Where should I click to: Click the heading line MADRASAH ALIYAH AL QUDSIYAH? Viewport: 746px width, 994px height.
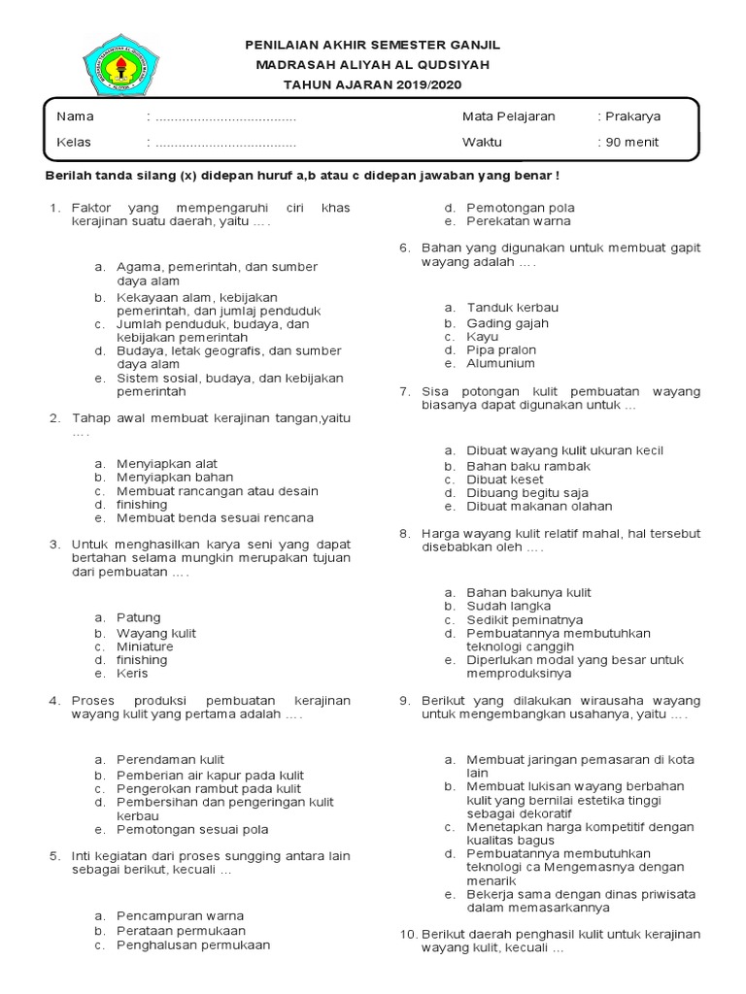coord(373,65)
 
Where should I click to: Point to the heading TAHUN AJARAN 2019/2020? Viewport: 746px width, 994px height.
coord(373,84)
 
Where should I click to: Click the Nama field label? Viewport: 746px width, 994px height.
coord(75,116)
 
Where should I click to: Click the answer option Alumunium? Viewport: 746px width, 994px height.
coord(500,363)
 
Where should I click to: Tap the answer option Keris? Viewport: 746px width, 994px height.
coord(132,674)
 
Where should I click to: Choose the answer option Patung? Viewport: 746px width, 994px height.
coord(138,617)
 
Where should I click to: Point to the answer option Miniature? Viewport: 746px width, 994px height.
coord(145,646)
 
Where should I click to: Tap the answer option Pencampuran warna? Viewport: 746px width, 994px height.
coord(180,915)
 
